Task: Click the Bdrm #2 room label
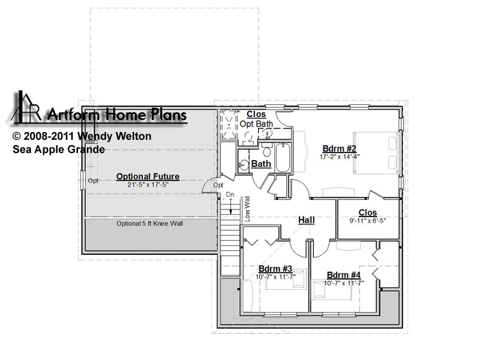(x=340, y=149)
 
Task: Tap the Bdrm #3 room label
(x=275, y=269)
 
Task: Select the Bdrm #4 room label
(x=344, y=275)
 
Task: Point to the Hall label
(x=307, y=220)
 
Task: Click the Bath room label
(x=261, y=164)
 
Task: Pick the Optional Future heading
(x=148, y=176)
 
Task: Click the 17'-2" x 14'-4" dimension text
(x=340, y=157)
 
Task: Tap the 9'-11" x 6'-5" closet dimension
(x=368, y=221)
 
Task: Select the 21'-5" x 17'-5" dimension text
(x=148, y=185)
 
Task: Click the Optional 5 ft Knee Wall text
(x=149, y=223)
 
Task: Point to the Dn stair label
(x=230, y=194)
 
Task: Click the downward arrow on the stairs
(x=231, y=206)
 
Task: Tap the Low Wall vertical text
(x=247, y=209)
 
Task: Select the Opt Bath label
(x=256, y=124)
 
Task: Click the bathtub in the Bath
(x=283, y=158)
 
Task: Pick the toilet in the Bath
(x=267, y=150)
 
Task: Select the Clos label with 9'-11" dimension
(x=368, y=213)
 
